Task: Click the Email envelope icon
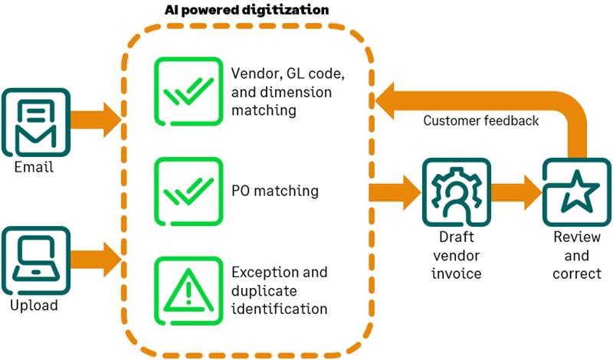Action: coord(34,123)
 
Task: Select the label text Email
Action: coord(34,166)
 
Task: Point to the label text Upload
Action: coord(34,306)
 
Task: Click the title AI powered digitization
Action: coord(247,11)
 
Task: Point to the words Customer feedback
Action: coord(481,121)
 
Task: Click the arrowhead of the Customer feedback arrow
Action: coord(388,99)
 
